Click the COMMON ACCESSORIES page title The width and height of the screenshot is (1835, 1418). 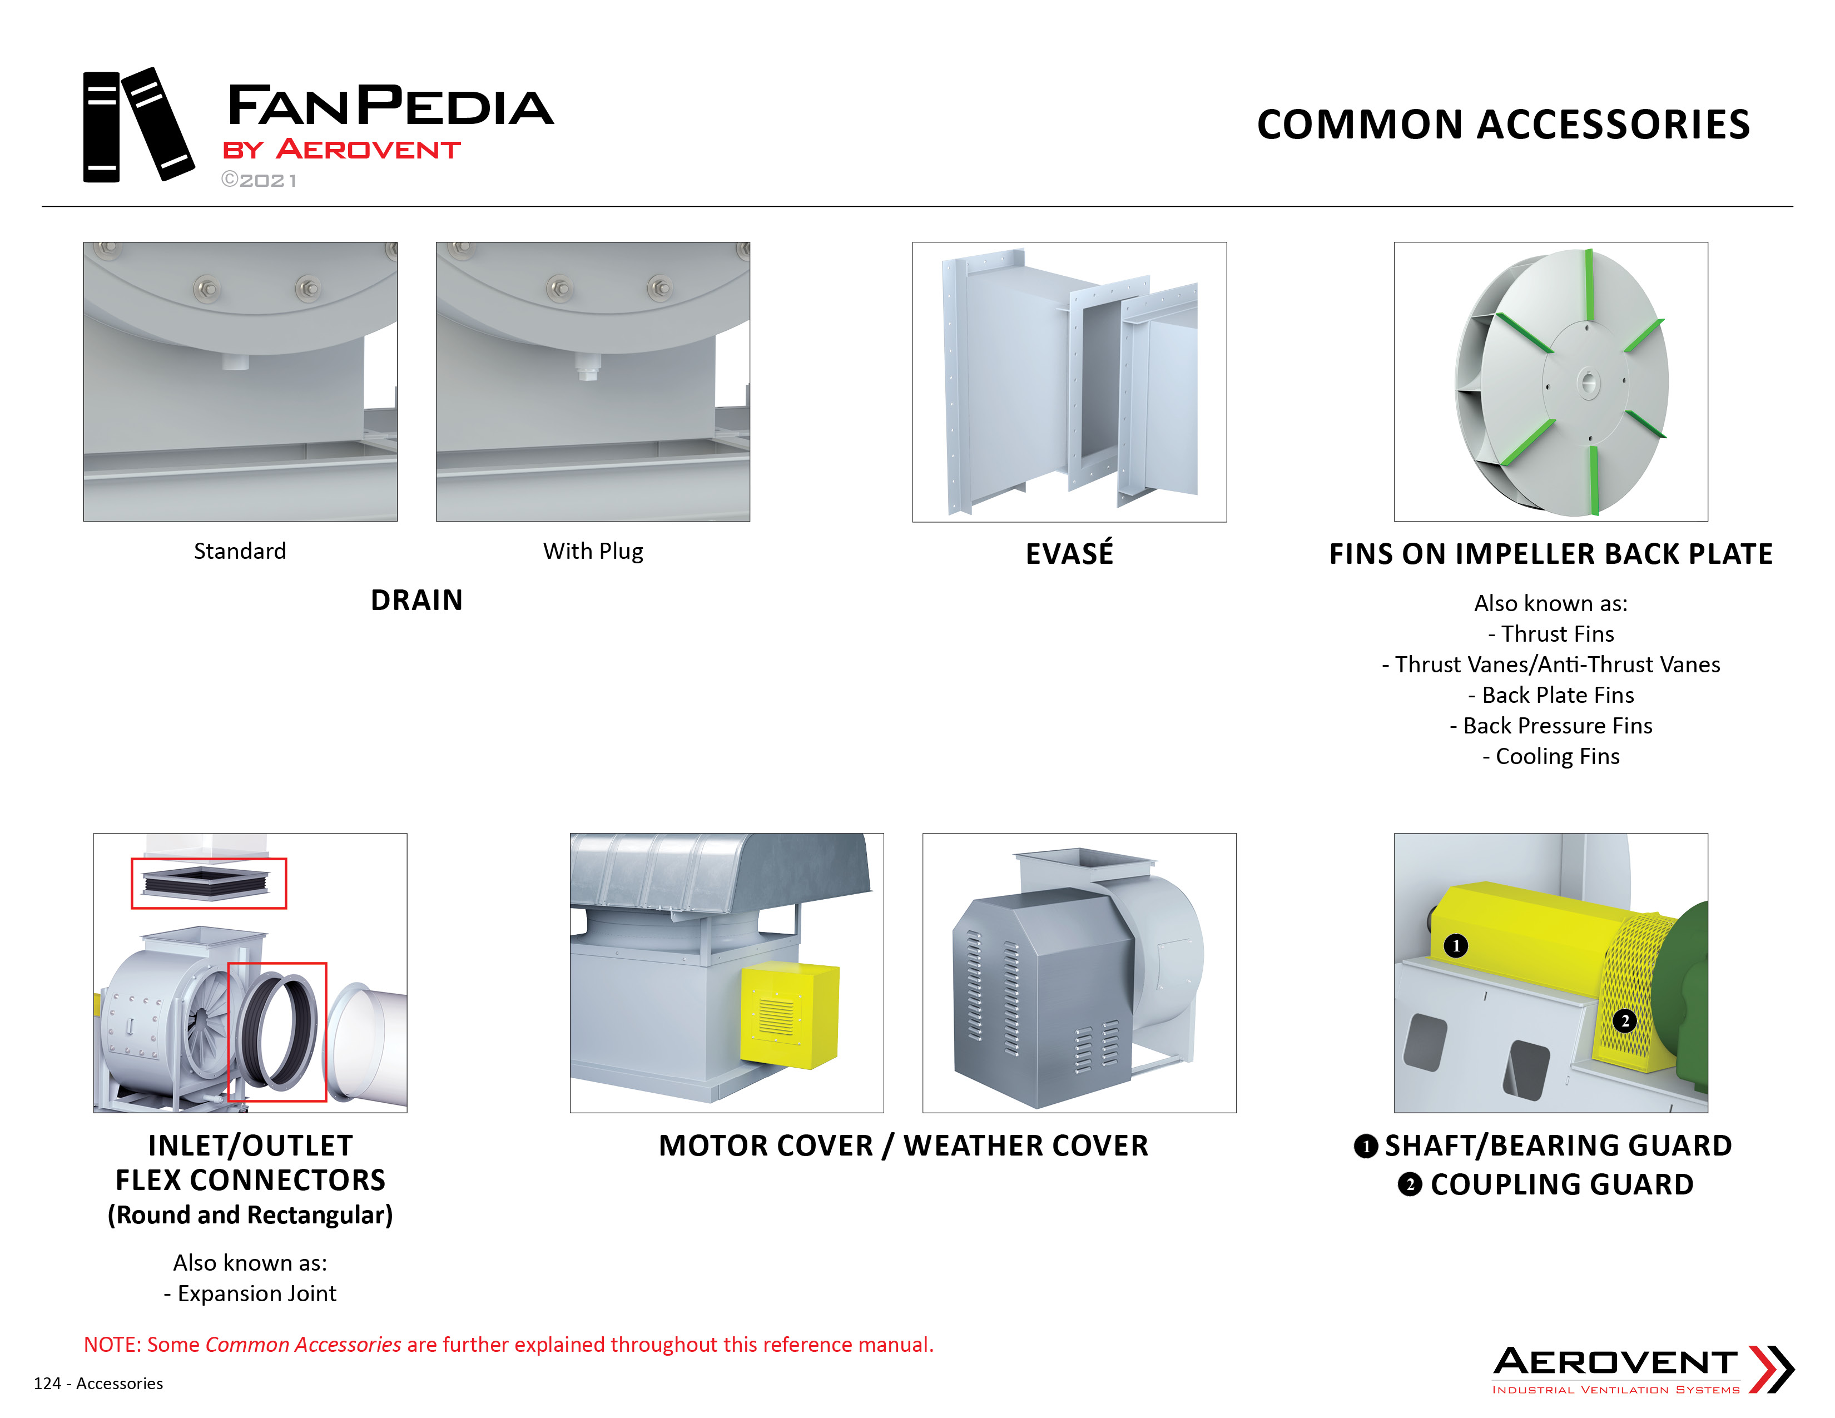point(1503,125)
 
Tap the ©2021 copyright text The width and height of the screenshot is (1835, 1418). point(259,180)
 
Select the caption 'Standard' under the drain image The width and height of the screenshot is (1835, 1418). point(240,551)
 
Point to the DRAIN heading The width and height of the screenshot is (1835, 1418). point(416,600)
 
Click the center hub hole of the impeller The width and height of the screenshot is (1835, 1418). point(1588,383)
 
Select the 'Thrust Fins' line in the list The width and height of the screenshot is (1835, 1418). point(1551,633)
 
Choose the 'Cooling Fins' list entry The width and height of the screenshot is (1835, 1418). point(1551,756)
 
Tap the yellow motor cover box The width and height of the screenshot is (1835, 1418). point(790,1015)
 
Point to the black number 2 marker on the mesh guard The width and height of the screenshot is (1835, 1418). point(1625,1020)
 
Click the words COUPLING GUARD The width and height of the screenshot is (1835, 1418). point(1562,1184)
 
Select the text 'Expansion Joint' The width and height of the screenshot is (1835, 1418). point(257,1293)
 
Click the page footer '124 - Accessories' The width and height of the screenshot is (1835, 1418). point(98,1384)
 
